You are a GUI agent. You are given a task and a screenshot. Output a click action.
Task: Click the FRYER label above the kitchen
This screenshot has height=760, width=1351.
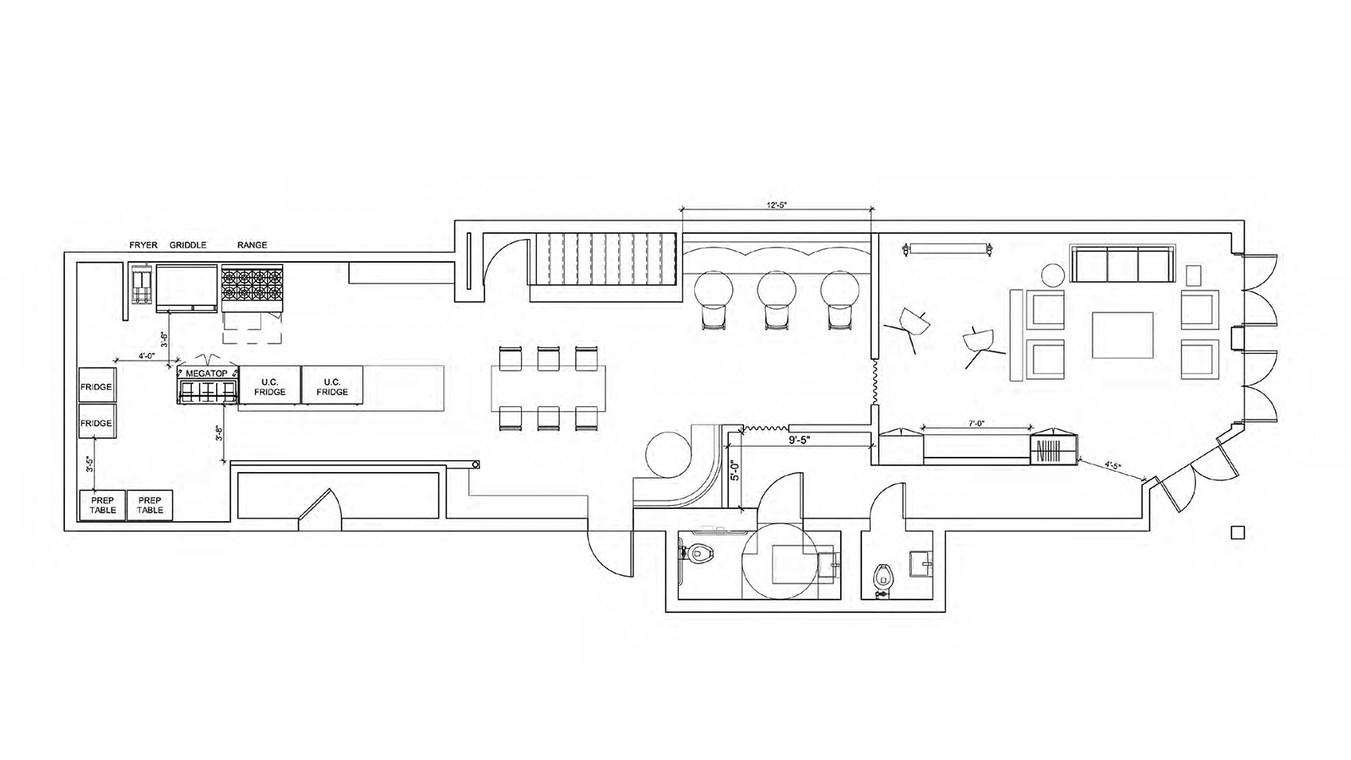click(144, 245)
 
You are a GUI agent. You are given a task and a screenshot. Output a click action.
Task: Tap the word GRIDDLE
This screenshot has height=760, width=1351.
click(187, 245)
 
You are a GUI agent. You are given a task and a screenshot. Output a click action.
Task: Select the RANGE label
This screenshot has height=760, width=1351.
click(252, 245)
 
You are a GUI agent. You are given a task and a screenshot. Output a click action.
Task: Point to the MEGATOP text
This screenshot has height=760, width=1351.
click(207, 372)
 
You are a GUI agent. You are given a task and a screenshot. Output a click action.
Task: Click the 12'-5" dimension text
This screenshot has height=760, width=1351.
click(776, 205)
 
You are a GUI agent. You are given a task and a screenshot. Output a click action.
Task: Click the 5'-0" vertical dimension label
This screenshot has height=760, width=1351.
click(734, 470)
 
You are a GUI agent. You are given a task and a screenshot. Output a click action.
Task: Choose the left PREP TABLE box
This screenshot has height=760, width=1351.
click(102, 505)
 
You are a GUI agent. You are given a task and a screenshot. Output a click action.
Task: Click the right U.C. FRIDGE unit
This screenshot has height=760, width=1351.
click(332, 387)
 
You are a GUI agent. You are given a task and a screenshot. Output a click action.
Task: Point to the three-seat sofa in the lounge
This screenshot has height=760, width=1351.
click(1122, 265)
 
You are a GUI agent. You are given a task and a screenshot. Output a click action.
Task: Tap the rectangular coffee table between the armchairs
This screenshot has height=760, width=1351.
click(1122, 335)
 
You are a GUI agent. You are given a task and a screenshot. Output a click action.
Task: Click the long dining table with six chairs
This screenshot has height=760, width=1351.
click(549, 388)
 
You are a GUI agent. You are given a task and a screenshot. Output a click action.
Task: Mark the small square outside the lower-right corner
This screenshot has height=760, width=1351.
click(1239, 532)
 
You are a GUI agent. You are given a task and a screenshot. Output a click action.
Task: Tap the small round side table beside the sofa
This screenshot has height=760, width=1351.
click(1052, 275)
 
